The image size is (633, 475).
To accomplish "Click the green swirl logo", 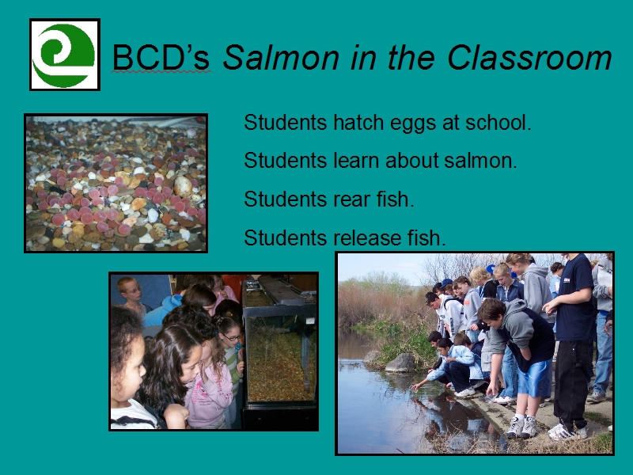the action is [x=65, y=55].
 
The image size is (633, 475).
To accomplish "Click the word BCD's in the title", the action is [x=161, y=57].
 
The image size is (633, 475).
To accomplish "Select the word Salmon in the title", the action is [x=281, y=57].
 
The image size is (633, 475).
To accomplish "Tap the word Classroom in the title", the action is [x=529, y=57].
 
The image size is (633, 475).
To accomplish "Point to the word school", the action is [x=498, y=122].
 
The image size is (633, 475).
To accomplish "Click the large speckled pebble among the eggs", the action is [x=183, y=186].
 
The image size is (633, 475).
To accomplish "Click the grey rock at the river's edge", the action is [x=400, y=363].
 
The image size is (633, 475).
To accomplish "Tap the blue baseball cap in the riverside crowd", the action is [x=445, y=283].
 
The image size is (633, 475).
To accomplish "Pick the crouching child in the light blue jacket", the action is [x=454, y=366].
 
